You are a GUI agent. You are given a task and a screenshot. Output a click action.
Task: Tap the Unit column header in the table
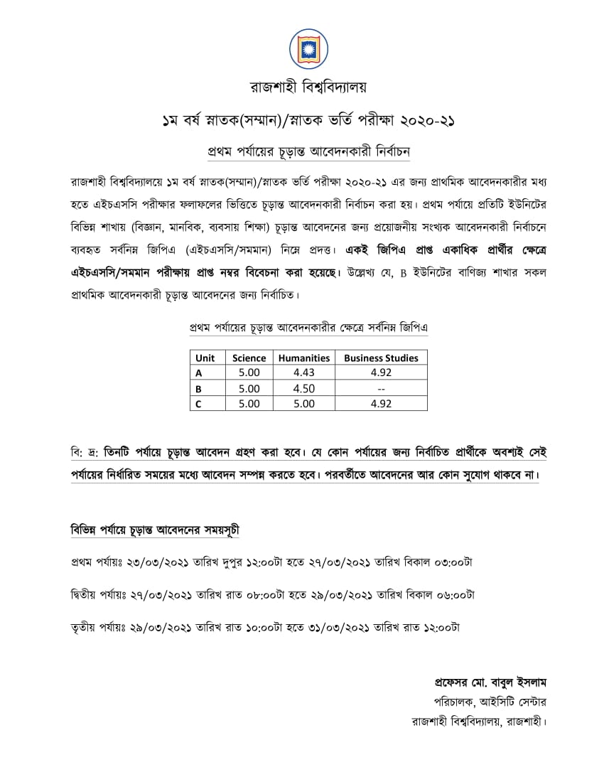coord(205,358)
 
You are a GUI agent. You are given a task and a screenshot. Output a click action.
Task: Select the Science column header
coord(249,358)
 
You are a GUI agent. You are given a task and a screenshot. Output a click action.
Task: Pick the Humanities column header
coord(304,358)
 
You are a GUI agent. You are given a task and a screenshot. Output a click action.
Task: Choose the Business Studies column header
coord(381,358)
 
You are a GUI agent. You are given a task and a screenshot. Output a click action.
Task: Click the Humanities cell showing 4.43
coord(304,372)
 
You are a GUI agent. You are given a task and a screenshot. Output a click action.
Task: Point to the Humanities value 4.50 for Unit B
coord(304,388)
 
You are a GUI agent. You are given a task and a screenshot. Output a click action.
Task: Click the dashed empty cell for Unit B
coord(381,388)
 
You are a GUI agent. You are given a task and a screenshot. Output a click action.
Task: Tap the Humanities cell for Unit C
coord(304,404)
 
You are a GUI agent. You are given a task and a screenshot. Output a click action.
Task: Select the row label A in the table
coord(199,372)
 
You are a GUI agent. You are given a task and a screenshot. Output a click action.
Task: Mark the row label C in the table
coord(199,404)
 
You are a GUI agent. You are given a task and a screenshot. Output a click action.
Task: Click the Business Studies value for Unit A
coord(381,372)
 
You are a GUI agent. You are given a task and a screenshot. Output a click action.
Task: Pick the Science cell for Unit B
coord(249,388)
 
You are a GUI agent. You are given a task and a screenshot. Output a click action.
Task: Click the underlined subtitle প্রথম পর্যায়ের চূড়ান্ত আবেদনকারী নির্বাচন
coord(308,151)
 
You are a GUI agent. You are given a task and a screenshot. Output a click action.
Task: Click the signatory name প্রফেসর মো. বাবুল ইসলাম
coord(490,681)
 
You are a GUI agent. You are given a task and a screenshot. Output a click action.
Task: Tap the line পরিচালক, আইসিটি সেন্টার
coord(495,701)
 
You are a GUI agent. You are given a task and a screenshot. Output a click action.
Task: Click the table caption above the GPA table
coord(308,328)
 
